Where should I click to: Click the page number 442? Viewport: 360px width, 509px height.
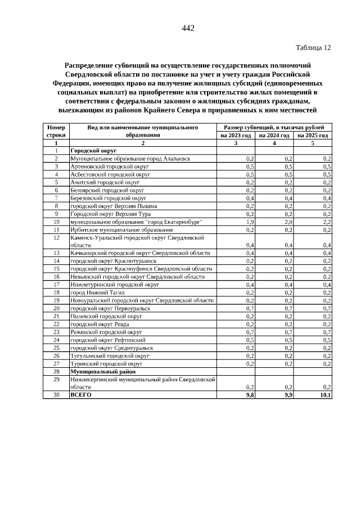coord(188,29)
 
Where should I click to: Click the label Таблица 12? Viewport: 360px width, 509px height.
coord(313,48)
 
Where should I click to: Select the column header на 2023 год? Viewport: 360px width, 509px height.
coord(236,136)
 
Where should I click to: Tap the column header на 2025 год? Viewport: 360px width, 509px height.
coord(313,136)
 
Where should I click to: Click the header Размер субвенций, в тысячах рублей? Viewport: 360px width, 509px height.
coord(274,128)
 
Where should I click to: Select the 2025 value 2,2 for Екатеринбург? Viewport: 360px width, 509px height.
coord(327,222)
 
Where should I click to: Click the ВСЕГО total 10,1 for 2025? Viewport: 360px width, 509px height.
coord(325,395)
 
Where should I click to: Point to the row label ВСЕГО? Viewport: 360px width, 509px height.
coord(80,395)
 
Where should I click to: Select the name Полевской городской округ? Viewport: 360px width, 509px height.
coord(105,316)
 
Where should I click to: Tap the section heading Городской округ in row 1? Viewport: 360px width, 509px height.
coord(93,151)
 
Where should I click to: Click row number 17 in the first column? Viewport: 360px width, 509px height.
coord(56,285)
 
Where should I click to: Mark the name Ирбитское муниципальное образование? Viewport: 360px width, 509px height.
coord(121,230)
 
